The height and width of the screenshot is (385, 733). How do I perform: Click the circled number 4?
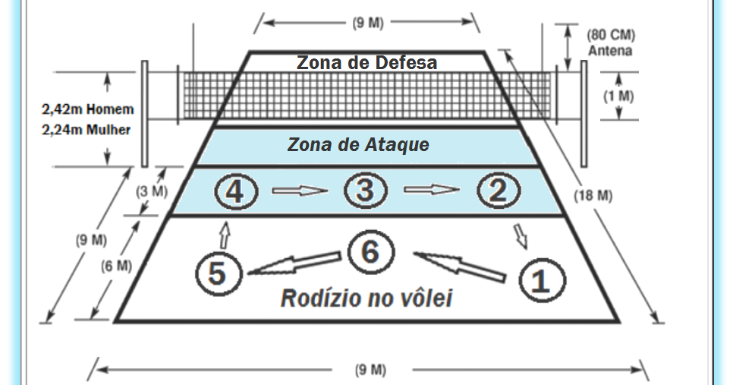pos(235,191)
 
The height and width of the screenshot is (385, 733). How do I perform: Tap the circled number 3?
pos(366,191)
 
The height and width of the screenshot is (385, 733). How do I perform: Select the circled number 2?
pos(499,191)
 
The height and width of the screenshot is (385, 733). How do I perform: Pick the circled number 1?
pos(540,280)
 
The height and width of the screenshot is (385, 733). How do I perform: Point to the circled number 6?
pos(370,251)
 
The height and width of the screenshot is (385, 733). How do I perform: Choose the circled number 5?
pos(217,273)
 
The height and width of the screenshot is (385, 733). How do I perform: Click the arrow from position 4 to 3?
pos(300,191)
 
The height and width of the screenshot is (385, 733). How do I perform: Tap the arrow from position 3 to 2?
pos(432,191)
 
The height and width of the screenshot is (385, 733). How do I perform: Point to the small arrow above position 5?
pos(225,232)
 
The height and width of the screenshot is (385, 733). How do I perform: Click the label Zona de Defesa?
pos(366,62)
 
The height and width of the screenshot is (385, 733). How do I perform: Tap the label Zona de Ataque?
pos(358,144)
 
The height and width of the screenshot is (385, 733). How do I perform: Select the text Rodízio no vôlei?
pos(366,298)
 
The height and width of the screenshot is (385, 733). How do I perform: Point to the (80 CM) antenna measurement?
pos(611,36)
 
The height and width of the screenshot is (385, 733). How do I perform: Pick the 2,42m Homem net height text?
pos(87,109)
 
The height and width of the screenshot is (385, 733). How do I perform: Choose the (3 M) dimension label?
pos(152,192)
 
